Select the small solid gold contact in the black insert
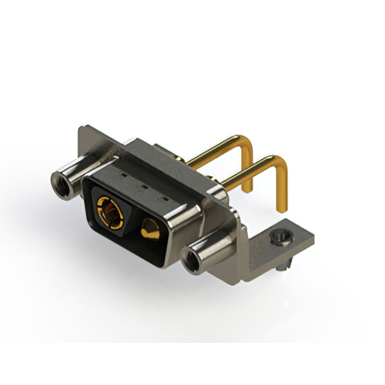tap(150, 229)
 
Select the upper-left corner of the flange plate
tap(82, 128)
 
